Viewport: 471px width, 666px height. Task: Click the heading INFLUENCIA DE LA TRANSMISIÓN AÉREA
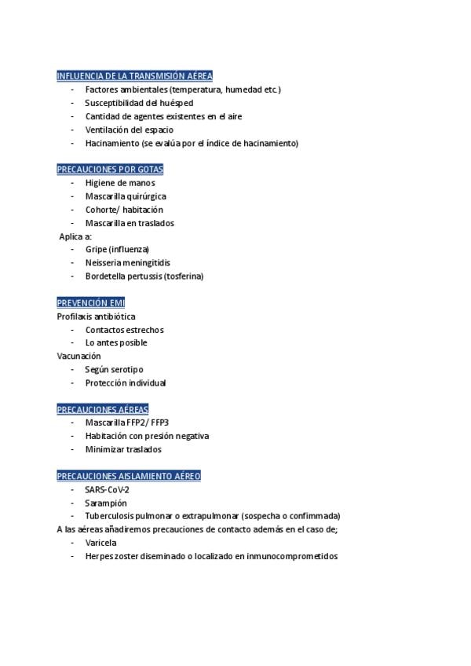[x=134, y=76]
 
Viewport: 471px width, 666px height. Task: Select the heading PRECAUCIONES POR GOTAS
[x=110, y=170]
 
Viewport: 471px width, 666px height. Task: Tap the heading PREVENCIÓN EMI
[x=90, y=303]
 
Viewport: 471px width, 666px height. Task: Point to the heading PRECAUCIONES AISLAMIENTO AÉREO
[x=129, y=476]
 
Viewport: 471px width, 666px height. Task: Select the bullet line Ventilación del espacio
[x=130, y=130]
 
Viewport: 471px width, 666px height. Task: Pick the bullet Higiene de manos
[x=120, y=183]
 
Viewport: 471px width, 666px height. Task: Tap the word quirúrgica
[x=147, y=196]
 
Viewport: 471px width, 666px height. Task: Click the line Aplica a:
[x=76, y=236]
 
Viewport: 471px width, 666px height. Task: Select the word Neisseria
[x=104, y=263]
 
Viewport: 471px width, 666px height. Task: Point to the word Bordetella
[x=107, y=276]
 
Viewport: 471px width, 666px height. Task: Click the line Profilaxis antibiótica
[x=96, y=317]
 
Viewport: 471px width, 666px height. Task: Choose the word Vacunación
[x=78, y=356]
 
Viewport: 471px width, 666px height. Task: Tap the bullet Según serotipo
[x=114, y=369]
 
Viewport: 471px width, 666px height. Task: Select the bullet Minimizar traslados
[x=123, y=449]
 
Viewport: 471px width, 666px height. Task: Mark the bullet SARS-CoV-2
[x=108, y=489]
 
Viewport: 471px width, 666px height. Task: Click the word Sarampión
[x=106, y=503]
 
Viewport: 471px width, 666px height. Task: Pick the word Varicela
[x=101, y=543]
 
